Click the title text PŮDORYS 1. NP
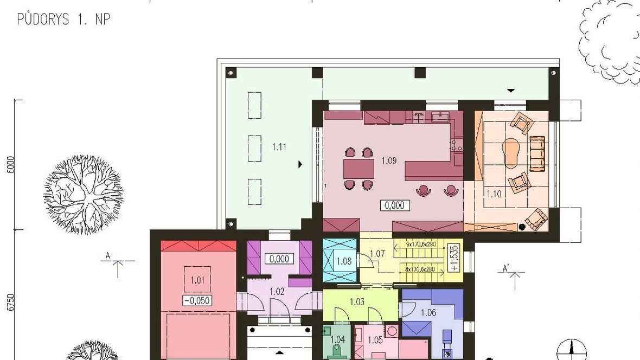[x=63, y=19]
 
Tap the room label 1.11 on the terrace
[x=279, y=147]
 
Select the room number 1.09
[x=389, y=161]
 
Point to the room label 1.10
[x=494, y=194]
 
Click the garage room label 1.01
[x=197, y=280]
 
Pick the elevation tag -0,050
[x=197, y=301]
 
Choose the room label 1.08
[x=344, y=261]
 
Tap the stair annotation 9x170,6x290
[x=421, y=244]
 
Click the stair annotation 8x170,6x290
[x=420, y=269]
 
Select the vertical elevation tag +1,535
[x=456, y=258]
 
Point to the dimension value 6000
[x=11, y=164]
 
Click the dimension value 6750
[x=11, y=303]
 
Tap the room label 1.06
[x=428, y=313]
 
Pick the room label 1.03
[x=357, y=302]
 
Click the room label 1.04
[x=337, y=339]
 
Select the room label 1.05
[x=375, y=340]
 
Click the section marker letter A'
[x=505, y=268]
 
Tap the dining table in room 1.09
[x=359, y=169]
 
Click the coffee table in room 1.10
[x=510, y=153]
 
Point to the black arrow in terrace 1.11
[x=300, y=164]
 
